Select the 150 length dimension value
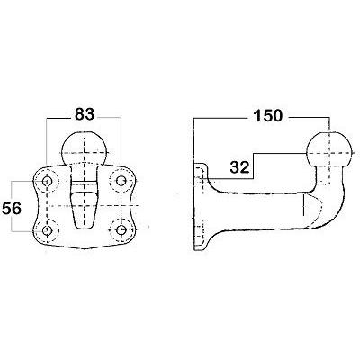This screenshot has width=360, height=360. (x=268, y=115)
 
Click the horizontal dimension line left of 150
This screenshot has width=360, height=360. (x=220, y=116)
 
